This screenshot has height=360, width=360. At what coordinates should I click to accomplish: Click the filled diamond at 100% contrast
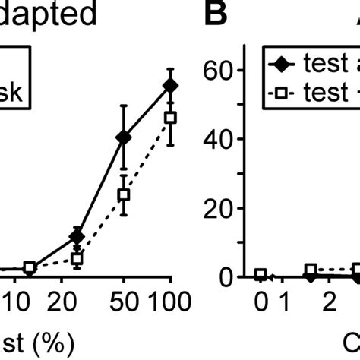coord(171,85)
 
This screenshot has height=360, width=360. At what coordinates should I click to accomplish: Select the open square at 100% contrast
coord(171,117)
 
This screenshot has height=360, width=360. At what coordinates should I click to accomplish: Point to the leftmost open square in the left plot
coord(30,267)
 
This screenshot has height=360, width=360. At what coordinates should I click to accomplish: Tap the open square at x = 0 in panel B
coord(261,275)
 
